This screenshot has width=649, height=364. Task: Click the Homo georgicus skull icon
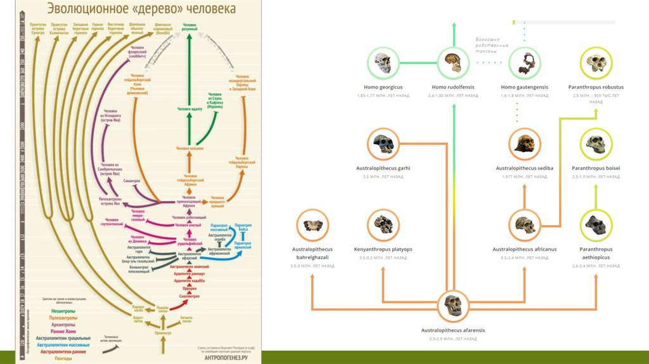(x=382, y=63)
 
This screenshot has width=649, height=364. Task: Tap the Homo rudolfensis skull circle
(x=453, y=63)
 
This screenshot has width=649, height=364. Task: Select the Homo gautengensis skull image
(x=525, y=63)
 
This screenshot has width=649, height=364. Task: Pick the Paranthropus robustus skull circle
(x=596, y=63)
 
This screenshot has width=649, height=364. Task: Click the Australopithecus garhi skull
(x=383, y=144)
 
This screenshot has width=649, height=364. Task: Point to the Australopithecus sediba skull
(x=525, y=144)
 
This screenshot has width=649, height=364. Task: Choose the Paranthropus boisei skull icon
(x=596, y=144)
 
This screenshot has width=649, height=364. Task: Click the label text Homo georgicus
(x=382, y=87)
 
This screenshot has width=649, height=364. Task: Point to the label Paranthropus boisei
(x=596, y=168)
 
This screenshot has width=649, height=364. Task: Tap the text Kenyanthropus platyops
(x=383, y=249)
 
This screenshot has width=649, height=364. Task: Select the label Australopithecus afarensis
(x=453, y=330)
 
